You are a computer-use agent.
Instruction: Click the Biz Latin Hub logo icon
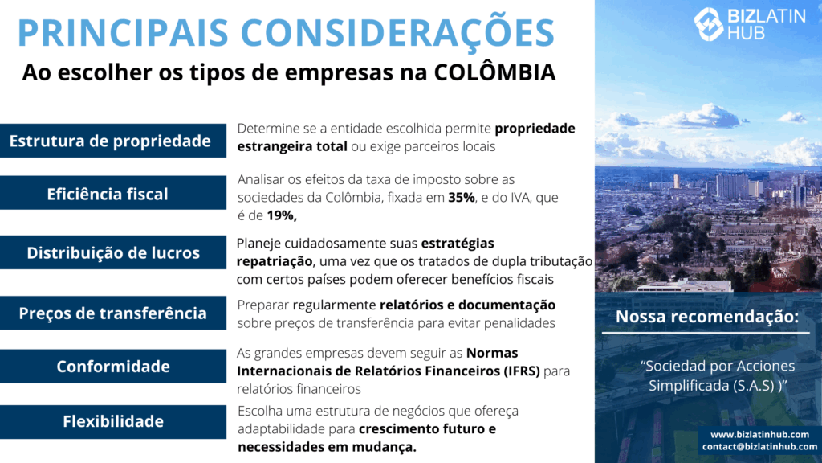click(x=709, y=24)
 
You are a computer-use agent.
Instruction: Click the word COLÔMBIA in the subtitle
click(x=494, y=72)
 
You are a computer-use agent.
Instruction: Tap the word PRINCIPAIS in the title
click(x=123, y=32)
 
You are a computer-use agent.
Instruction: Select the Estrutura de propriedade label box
click(x=113, y=141)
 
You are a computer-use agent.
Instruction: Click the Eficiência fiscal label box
click(x=113, y=193)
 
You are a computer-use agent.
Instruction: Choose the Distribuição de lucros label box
click(x=113, y=252)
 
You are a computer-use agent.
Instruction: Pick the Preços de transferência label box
click(x=113, y=313)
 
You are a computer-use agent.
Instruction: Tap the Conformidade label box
click(x=113, y=366)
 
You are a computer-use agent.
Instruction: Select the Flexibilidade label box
click(x=113, y=421)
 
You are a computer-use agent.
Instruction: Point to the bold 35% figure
click(x=462, y=198)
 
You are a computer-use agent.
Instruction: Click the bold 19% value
click(x=282, y=215)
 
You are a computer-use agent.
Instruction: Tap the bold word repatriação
click(x=275, y=261)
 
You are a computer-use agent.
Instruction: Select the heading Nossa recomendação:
click(x=707, y=317)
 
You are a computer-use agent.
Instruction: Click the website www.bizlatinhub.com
click(x=759, y=435)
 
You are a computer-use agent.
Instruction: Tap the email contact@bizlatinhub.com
click(x=759, y=447)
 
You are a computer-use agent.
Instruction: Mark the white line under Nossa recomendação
click(x=706, y=333)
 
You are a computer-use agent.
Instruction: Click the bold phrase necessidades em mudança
click(x=328, y=447)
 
